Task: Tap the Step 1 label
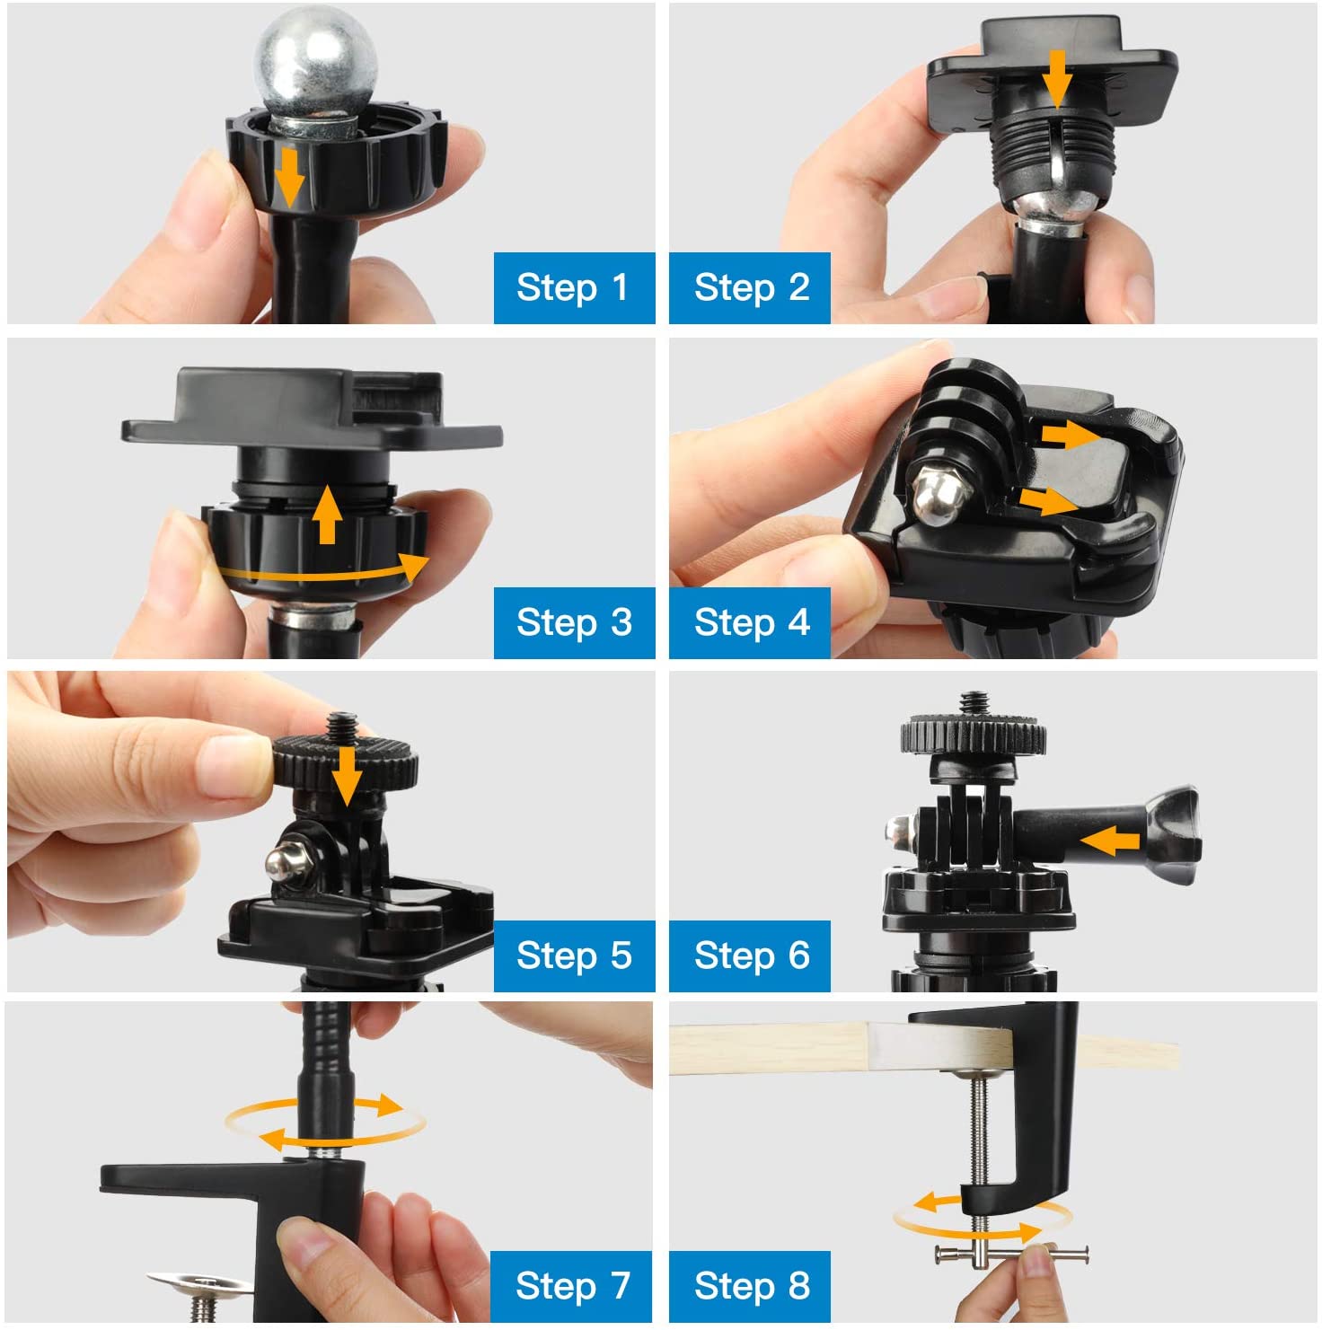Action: click(x=573, y=287)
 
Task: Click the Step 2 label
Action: click(x=750, y=287)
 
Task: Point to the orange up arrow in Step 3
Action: click(x=328, y=514)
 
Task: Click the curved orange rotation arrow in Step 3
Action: click(x=323, y=571)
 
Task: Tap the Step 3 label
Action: click(x=573, y=622)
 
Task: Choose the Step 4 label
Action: click(x=750, y=622)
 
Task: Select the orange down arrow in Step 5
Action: click(x=346, y=776)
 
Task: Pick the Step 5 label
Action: click(x=573, y=956)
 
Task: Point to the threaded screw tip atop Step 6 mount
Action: click(x=973, y=702)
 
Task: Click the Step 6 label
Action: click(x=750, y=956)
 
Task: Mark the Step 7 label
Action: click(x=571, y=1286)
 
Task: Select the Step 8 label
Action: click(x=750, y=1286)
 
